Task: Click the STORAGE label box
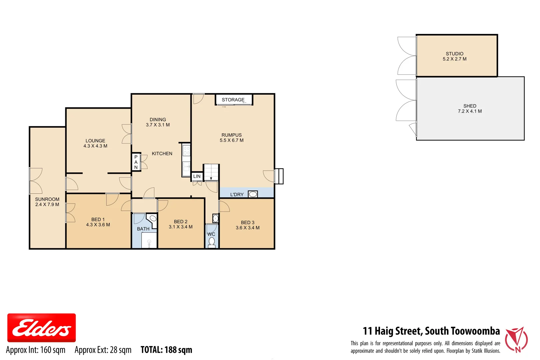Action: [x=233, y=100]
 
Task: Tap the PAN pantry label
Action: [x=136, y=162]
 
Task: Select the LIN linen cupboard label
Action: [x=197, y=176]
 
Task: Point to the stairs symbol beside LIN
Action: [x=211, y=172]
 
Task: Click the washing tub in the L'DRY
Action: [x=253, y=194]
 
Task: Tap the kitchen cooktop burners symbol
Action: [x=186, y=150]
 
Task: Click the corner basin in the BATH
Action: [x=153, y=219]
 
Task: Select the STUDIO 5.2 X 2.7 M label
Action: [x=454, y=56]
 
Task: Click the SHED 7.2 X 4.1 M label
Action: [x=470, y=109]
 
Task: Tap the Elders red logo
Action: [x=41, y=328]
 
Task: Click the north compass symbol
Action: [x=516, y=340]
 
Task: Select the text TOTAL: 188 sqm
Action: [x=166, y=350]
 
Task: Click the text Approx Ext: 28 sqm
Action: [x=103, y=350]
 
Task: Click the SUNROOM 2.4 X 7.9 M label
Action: [x=47, y=202]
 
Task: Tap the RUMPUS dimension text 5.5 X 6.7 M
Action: [x=231, y=140]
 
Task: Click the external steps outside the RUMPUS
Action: [x=279, y=176]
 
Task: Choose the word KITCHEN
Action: [x=162, y=154]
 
